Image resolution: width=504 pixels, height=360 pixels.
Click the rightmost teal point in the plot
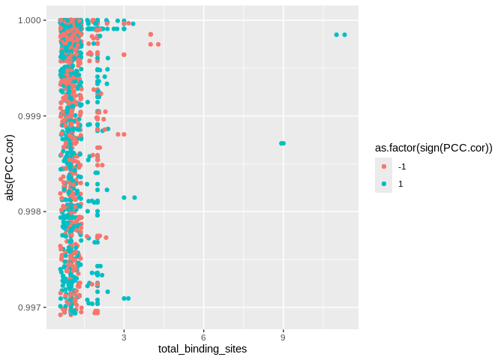pyautogui.click(x=344, y=34)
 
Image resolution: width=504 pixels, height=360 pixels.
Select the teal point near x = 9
pyautogui.click(x=282, y=143)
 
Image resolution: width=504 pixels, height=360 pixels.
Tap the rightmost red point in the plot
pyautogui.click(x=158, y=44)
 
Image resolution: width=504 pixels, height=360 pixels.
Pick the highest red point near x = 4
pyautogui.click(x=151, y=34)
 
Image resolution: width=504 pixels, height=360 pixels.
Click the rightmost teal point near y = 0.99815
pyautogui.click(x=134, y=197)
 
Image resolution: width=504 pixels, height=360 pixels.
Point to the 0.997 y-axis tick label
pyautogui.click(x=31, y=307)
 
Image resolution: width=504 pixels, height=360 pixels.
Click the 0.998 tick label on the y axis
pyautogui.click(x=31, y=211)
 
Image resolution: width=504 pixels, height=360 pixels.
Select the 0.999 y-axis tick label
pyautogui.click(x=31, y=116)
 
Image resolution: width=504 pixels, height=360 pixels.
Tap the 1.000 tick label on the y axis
pyautogui.click(x=31, y=20)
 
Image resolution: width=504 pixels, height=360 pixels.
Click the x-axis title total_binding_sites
pyautogui.click(x=202, y=349)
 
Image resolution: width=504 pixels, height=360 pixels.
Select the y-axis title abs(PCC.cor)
pyautogui.click(x=10, y=168)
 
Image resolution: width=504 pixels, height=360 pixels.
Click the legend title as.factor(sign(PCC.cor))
pyautogui.click(x=433, y=148)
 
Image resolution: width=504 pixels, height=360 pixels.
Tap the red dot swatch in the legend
pyautogui.click(x=383, y=166)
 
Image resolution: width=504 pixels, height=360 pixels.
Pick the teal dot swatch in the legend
pyautogui.click(x=383, y=184)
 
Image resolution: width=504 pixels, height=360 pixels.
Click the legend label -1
pyautogui.click(x=402, y=166)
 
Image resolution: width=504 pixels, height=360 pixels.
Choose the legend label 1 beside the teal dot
pyautogui.click(x=400, y=184)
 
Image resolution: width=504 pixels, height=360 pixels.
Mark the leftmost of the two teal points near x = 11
pyautogui.click(x=336, y=34)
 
